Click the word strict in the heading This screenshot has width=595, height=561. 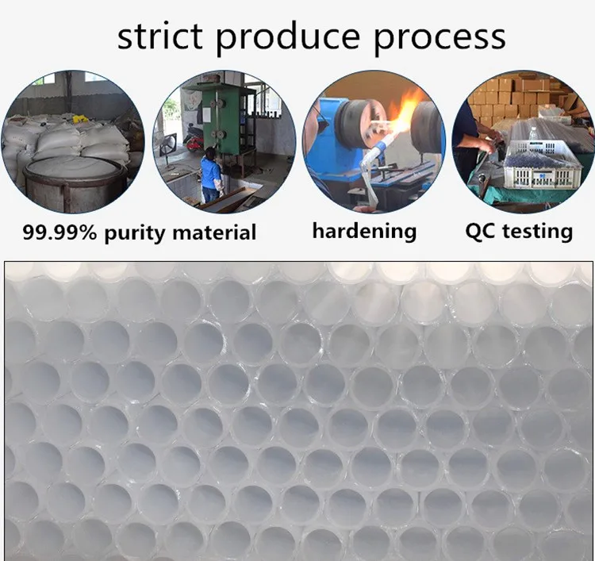[160, 37]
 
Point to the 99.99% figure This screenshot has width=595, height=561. [60, 232]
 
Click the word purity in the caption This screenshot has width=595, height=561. [135, 233]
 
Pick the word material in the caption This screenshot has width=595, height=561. [214, 232]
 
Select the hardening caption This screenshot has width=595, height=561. [364, 231]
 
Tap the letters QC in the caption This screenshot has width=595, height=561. [480, 231]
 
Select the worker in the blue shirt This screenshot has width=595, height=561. [210, 175]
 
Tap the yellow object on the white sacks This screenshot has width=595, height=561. [80, 119]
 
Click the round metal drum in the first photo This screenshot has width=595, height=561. [74, 183]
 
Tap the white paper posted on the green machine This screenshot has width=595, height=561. [207, 113]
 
